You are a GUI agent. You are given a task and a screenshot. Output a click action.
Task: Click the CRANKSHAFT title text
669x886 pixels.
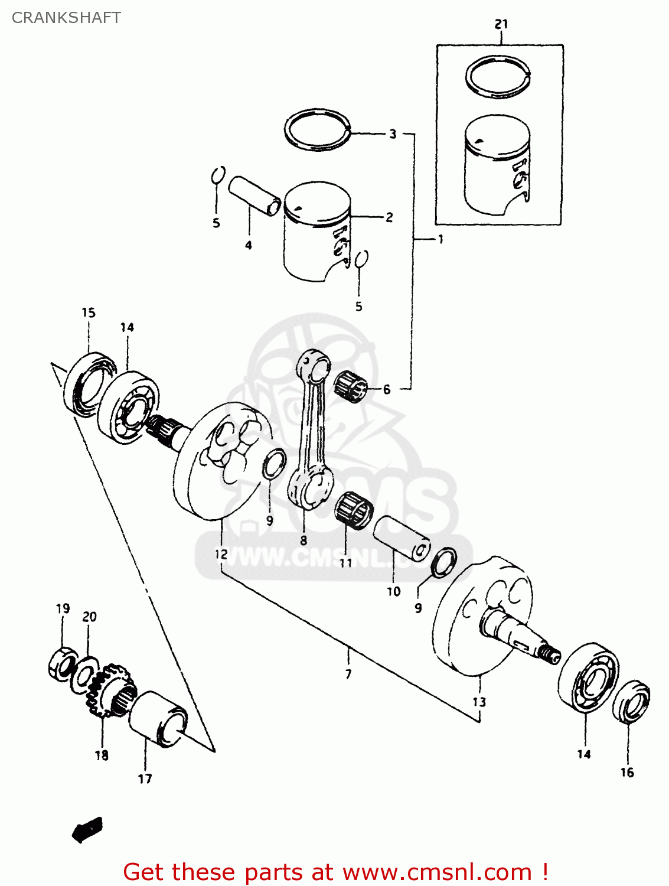(66, 18)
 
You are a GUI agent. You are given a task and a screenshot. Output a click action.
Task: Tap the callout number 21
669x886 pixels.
(501, 24)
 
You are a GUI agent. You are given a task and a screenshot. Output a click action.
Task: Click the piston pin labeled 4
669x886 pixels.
(254, 195)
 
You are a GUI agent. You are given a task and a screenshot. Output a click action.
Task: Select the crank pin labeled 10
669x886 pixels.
(402, 536)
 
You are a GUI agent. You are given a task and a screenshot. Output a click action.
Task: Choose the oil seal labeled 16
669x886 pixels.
(631, 701)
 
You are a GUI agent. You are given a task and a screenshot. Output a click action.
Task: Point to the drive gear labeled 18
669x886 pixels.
(111, 689)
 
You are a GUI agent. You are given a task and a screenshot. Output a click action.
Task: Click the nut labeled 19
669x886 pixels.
(61, 664)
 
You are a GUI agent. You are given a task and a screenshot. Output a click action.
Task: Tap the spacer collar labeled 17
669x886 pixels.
(158, 719)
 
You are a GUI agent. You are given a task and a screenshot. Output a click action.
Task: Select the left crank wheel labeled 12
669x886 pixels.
(218, 461)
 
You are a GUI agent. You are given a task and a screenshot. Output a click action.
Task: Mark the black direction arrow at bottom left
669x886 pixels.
(87, 829)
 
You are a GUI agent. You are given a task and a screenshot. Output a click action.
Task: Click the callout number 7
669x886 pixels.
(348, 674)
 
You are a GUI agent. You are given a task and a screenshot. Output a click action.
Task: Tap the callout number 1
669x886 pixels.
(440, 239)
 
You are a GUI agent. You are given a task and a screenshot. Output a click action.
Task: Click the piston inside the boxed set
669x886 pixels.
(497, 165)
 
